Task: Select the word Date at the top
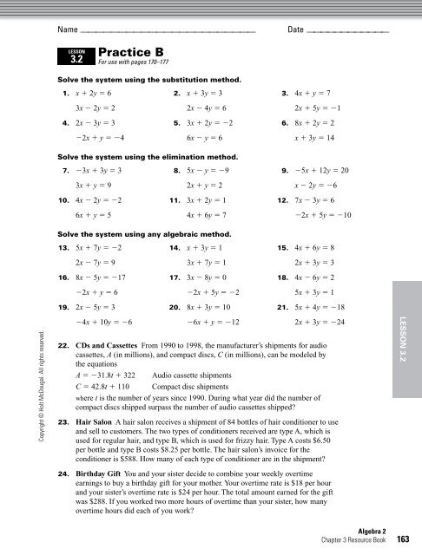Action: click(294, 30)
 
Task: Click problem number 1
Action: click(65, 92)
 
